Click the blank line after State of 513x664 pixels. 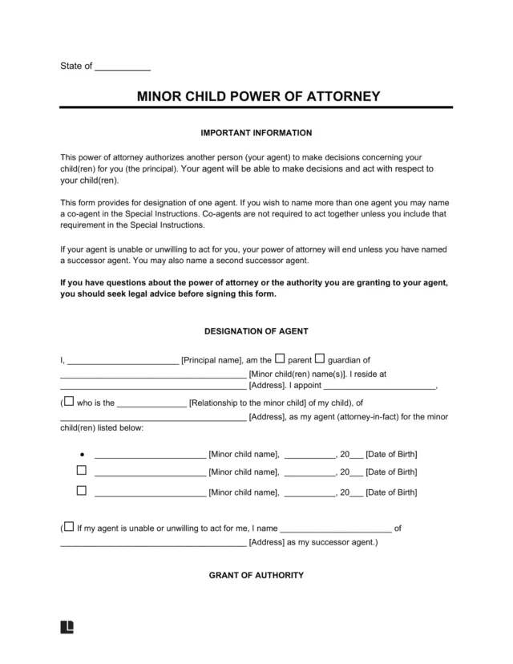click(x=123, y=66)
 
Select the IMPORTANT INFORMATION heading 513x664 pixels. click(x=256, y=132)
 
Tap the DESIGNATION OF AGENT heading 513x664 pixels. click(x=256, y=331)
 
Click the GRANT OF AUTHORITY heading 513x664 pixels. click(x=256, y=575)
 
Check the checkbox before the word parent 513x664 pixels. click(x=281, y=358)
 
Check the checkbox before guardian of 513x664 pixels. click(x=319, y=358)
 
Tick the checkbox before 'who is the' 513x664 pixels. click(x=68, y=401)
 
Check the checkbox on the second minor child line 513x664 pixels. click(x=82, y=471)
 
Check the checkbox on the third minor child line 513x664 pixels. click(x=82, y=489)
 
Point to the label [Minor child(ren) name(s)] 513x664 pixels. click(x=297, y=374)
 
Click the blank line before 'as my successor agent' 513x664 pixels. click(x=153, y=544)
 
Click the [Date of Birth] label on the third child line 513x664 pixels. click(x=391, y=492)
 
